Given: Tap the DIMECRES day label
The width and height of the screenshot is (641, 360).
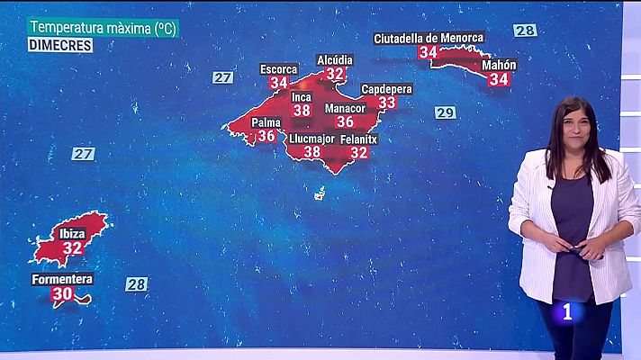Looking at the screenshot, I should [59, 45].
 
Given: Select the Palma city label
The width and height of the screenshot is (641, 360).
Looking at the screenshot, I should [266, 121].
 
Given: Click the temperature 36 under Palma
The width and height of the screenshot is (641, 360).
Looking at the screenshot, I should [266, 136].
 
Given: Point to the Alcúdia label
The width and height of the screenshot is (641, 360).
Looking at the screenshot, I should [335, 60].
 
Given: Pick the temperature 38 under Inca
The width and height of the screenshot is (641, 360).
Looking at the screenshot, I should [302, 111].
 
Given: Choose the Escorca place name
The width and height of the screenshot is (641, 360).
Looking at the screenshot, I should [278, 69].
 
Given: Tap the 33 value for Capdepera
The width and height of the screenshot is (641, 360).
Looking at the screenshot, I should [387, 103].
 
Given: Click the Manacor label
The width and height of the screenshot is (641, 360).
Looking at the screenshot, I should [345, 108].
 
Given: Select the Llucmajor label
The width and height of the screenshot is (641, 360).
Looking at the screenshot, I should [312, 139].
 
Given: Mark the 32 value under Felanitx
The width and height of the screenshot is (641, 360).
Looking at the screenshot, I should [358, 152].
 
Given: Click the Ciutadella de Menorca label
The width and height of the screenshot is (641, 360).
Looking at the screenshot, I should [429, 38].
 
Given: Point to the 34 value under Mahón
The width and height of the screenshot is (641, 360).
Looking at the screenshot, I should [498, 79].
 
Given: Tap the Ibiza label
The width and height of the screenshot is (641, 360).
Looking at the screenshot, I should [73, 234].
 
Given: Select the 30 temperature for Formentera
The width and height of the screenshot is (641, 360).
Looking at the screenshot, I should [62, 293].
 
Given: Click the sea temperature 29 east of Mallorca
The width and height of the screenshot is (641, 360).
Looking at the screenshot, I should [445, 112].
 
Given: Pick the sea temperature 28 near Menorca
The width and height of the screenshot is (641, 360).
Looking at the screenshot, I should [525, 31].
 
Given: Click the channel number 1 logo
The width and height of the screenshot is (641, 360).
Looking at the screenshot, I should [567, 312].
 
